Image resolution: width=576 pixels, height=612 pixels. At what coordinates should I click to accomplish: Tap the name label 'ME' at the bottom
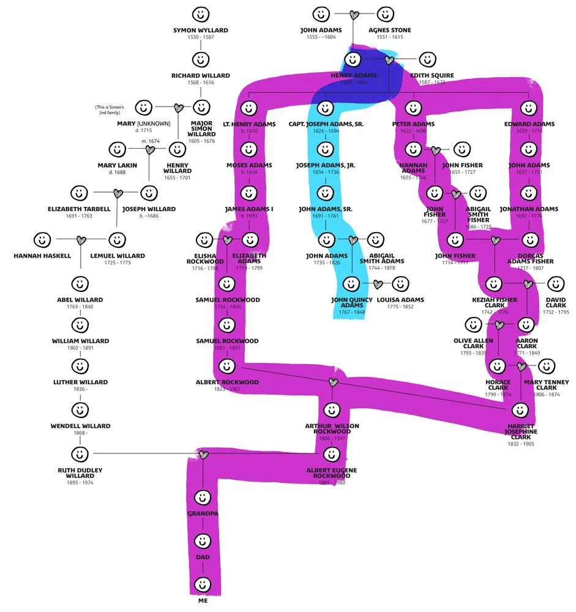point(203,600)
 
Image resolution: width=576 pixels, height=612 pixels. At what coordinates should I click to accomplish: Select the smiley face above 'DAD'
point(203,541)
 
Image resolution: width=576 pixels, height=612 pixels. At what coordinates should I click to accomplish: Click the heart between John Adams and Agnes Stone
point(353,14)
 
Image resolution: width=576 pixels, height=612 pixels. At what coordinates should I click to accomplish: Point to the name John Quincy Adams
point(352,303)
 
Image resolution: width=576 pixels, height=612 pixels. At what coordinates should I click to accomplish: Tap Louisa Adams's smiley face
point(400,284)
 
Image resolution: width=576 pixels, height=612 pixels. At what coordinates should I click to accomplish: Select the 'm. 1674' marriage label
point(150,141)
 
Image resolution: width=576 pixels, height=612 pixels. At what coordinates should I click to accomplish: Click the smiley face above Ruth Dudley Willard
point(79,454)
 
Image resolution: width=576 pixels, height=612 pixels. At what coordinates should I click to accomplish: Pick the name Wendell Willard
point(80,426)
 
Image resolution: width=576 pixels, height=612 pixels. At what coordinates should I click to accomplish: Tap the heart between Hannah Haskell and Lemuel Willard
point(80,239)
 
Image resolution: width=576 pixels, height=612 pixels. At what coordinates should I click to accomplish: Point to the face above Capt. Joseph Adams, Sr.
point(326,108)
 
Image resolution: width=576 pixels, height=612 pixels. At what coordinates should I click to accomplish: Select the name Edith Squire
point(432,75)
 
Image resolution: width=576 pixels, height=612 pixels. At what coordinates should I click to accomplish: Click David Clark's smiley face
point(555,284)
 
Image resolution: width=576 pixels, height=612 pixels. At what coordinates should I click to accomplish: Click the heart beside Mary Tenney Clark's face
point(522,366)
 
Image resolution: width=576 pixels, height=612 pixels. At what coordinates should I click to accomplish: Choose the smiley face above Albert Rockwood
point(227,366)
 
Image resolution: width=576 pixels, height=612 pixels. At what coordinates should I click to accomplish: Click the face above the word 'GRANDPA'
point(203,496)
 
